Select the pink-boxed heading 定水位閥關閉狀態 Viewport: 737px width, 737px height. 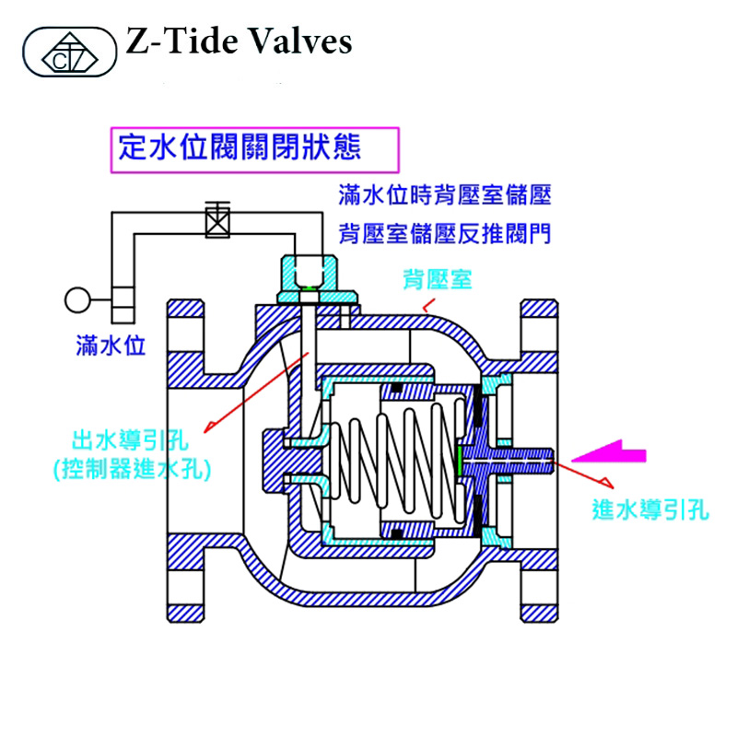240,146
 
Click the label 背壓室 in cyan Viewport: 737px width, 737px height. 437,278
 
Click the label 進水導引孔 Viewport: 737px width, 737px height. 650,510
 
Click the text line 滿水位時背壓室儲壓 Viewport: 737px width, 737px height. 444,195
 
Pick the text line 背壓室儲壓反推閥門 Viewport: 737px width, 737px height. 444,233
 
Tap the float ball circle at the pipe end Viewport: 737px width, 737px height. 76,299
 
